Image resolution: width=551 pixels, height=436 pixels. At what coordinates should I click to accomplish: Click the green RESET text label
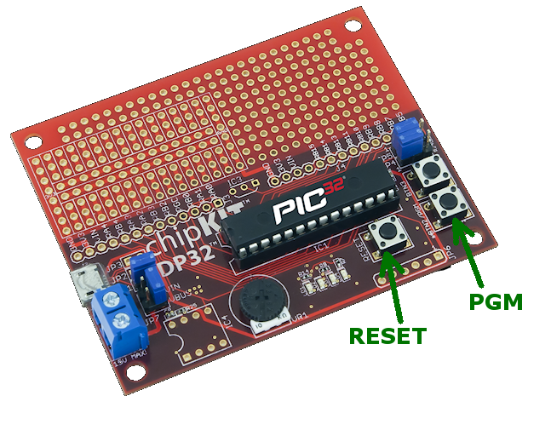click(x=387, y=336)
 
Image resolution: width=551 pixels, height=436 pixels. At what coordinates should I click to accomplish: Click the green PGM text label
click(x=494, y=301)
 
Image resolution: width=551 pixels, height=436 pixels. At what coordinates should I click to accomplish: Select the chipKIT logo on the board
click(x=187, y=237)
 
